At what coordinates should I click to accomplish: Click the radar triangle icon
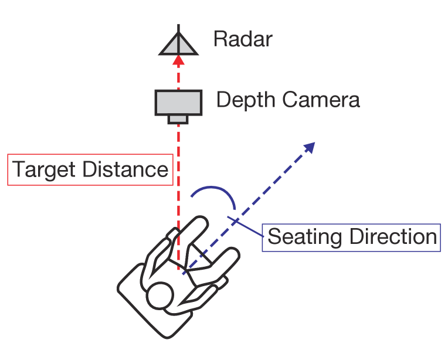point(179,45)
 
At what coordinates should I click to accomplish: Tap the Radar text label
point(243,40)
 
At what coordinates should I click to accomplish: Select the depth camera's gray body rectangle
point(179,103)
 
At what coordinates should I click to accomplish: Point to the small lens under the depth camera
point(179,120)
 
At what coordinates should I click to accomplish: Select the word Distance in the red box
point(125,170)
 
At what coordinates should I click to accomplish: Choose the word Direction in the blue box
point(393,237)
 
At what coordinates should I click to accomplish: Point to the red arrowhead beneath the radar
point(179,61)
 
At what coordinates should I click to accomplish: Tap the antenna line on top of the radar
point(179,29)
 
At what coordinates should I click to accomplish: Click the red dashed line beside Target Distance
point(178,176)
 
